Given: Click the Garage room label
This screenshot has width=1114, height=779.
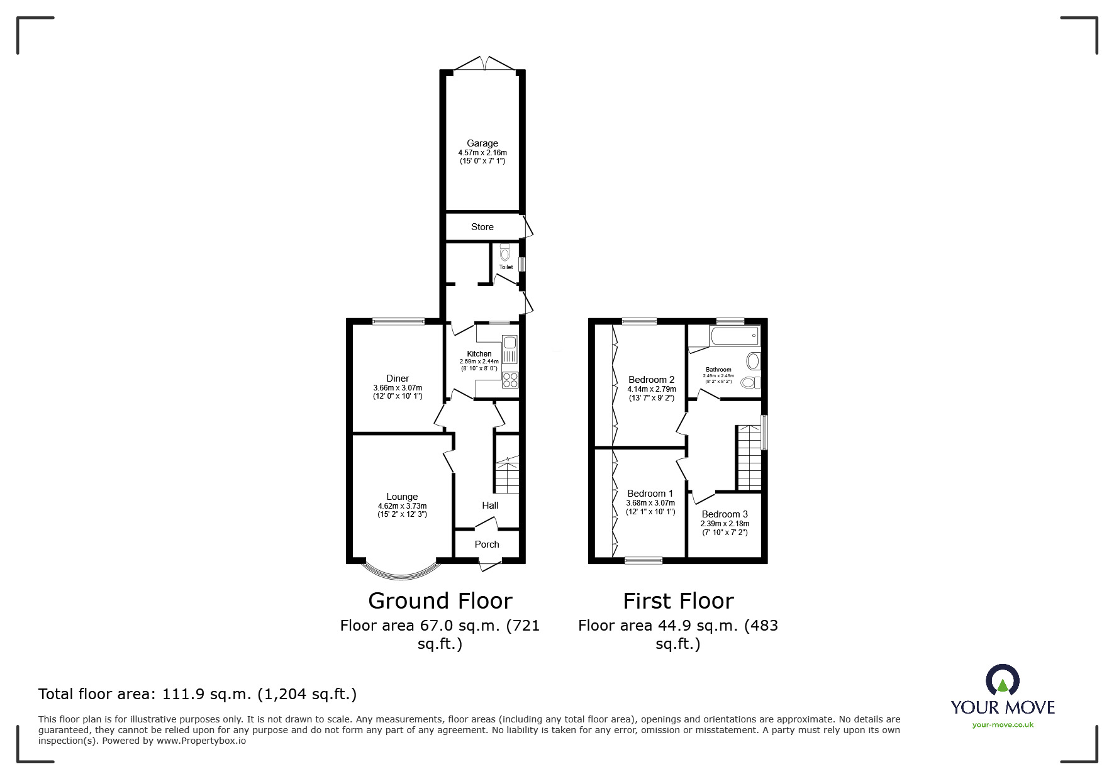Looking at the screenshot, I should point(482,143).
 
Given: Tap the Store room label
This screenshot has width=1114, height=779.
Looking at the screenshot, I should point(482,227).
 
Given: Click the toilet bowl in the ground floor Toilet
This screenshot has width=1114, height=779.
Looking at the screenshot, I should point(504,254).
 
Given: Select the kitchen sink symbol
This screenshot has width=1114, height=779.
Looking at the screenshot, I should point(510,350).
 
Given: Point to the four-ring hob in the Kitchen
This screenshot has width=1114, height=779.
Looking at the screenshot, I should point(510,380).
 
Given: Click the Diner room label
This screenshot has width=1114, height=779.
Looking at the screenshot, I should point(398,378).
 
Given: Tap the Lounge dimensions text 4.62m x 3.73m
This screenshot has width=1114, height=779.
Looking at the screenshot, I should point(402,506).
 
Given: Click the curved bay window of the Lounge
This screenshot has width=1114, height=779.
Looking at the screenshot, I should point(401,572).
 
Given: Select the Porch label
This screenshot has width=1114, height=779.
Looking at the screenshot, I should point(487,544).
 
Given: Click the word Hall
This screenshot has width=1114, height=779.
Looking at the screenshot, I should point(490,506).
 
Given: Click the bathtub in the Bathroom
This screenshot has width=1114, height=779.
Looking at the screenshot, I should point(734,336).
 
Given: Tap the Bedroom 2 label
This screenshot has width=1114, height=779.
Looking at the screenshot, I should point(651,380).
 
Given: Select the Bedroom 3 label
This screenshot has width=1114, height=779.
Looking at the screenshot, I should point(725,514).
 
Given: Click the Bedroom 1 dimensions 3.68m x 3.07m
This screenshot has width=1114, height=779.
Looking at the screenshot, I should point(650,503).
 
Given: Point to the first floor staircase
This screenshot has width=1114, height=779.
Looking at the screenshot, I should point(749,458).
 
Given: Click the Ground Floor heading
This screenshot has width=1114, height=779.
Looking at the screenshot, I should point(440,601).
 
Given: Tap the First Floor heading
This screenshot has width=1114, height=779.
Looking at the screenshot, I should point(678,601).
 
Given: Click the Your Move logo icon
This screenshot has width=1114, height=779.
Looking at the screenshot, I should point(1002,681).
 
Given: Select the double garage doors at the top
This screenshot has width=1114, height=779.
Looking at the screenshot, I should point(484,64).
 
